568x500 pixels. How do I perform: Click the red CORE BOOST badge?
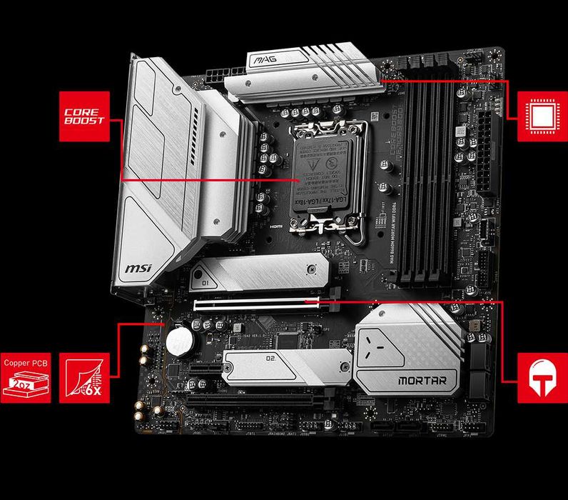pyautogui.click(x=85, y=116)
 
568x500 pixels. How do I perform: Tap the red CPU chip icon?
pyautogui.click(x=537, y=116)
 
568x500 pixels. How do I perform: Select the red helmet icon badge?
pyautogui.click(x=537, y=377)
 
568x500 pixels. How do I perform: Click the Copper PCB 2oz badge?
pyautogui.click(x=27, y=377)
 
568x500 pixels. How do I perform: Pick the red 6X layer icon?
pyautogui.click(x=85, y=377)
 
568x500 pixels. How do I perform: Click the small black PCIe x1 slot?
pyautogui.click(x=201, y=370)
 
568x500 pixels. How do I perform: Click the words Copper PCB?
pyautogui.click(x=27, y=362)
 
